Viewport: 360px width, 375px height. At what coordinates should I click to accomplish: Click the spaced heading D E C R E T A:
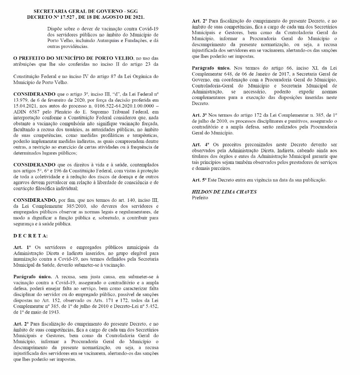[x=31, y=235]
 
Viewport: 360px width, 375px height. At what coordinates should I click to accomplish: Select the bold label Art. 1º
[x=22, y=247]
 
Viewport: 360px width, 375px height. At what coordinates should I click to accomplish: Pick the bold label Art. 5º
[x=199, y=180]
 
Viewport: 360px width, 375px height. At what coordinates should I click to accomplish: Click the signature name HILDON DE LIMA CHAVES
[x=224, y=192]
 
